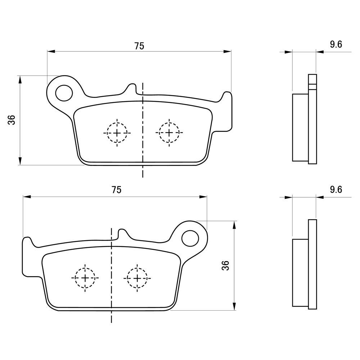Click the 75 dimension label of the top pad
[x=139, y=46]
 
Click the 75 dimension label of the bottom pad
[x=116, y=190]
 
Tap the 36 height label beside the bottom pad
[x=225, y=266]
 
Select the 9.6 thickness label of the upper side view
[x=336, y=44]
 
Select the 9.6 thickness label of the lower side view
[x=336, y=190]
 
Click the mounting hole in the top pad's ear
[x=64, y=93]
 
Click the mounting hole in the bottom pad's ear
[x=190, y=238]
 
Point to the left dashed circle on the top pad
[x=117, y=132]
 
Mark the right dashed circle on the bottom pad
[x=137, y=278]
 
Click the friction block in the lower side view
[x=300, y=273]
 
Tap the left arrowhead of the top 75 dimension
[x=51, y=52]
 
